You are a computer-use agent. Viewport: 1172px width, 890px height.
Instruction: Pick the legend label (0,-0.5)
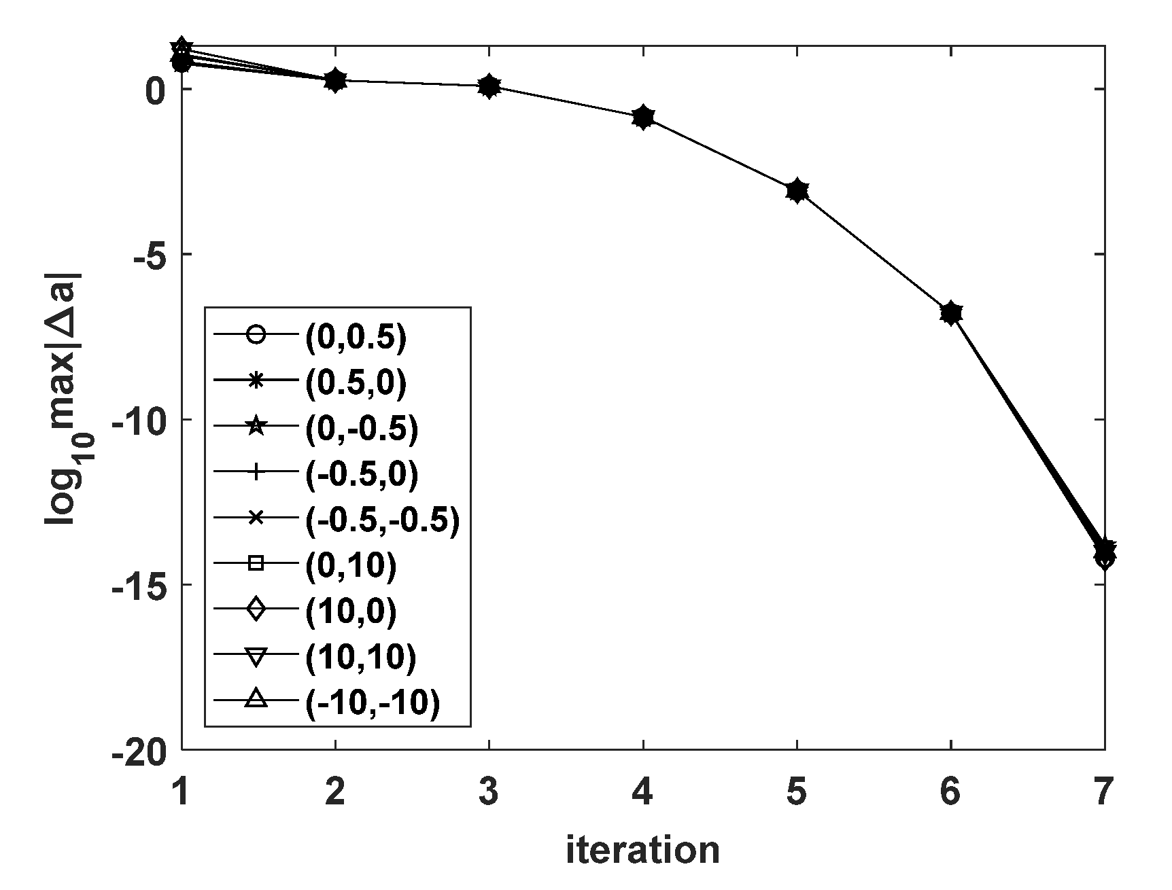[x=361, y=429]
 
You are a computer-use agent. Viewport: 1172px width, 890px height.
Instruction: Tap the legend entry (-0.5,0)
[x=361, y=474]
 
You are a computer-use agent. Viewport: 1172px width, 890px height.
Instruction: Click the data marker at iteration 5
[x=797, y=191]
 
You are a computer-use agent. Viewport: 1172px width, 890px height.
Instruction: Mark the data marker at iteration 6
[x=950, y=313]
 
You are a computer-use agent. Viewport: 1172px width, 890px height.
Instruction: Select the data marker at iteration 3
[x=489, y=86]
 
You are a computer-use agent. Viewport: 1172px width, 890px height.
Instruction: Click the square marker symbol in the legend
[x=256, y=563]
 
